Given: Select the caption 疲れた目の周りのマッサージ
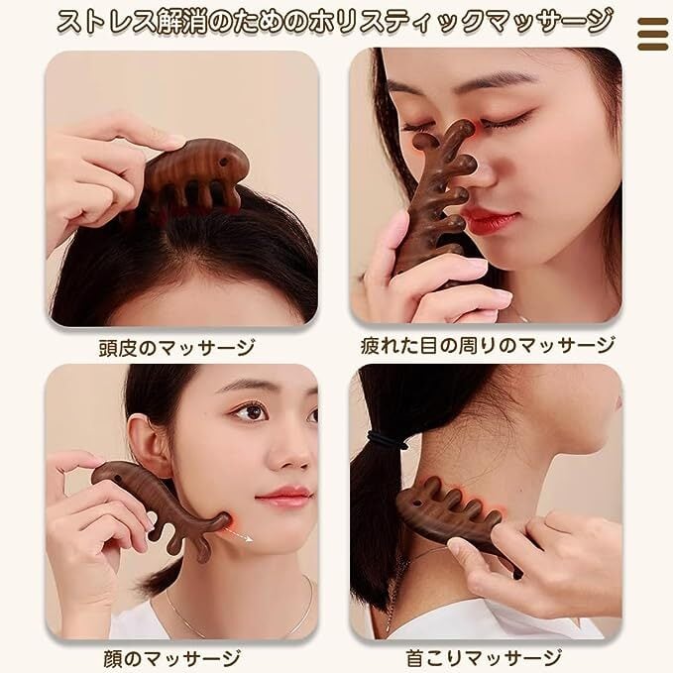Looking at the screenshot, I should (x=487, y=346).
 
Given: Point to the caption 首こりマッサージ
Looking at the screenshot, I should (x=486, y=657).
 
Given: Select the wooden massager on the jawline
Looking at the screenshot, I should (x=159, y=501).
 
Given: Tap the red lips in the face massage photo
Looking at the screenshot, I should (x=284, y=496).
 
